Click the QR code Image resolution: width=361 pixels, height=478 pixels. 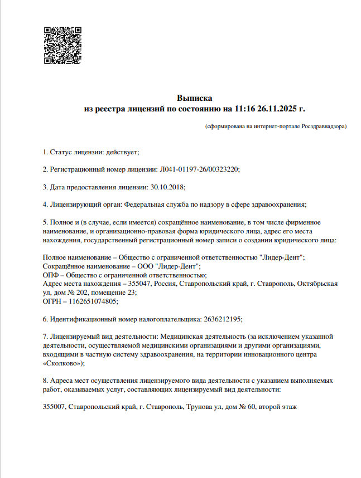pyautogui.click(x=62, y=45)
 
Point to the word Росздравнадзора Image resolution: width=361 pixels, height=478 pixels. pyautogui.click(x=324, y=127)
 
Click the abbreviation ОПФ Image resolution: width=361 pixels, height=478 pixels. pyautogui.click(x=51, y=275)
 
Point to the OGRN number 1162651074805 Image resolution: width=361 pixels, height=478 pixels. pyautogui.click(x=93, y=301)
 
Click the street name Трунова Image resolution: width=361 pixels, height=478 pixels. pyautogui.click(x=200, y=407)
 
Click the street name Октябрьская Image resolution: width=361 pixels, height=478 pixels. pyautogui.click(x=317, y=284)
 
